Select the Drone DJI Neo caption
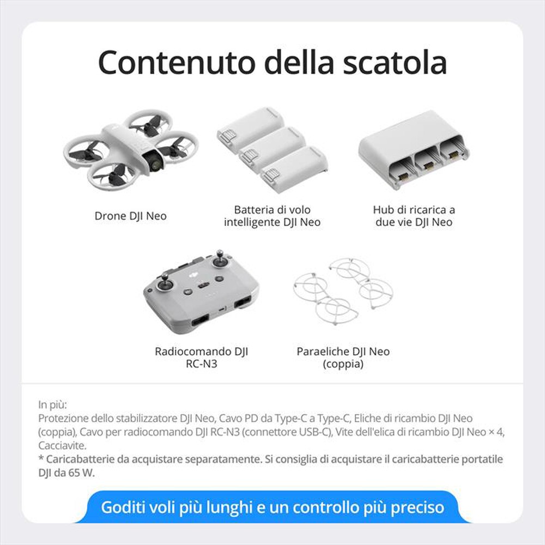click(131, 216)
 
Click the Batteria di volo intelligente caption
click(272, 216)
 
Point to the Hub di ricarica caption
click(414, 216)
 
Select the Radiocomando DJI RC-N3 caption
click(202, 358)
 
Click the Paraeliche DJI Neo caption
click(343, 358)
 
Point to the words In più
click(52, 405)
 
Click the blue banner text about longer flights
click(272, 507)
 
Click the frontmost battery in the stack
click(294, 169)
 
